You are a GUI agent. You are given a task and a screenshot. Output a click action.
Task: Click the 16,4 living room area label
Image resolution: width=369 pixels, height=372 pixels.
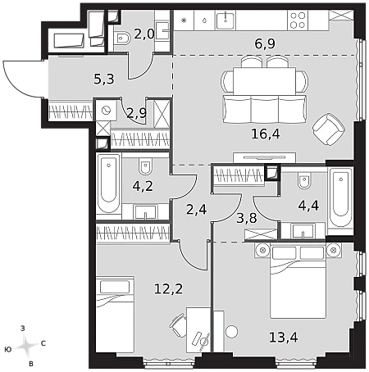click(x=266, y=134)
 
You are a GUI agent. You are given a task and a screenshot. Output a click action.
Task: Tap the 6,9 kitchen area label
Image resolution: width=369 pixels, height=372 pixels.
click(x=265, y=43)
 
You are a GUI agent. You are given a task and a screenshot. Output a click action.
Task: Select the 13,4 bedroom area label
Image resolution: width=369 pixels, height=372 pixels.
click(x=284, y=338)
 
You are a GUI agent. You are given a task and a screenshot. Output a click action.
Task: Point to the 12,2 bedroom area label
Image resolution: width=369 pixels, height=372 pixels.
click(x=168, y=288)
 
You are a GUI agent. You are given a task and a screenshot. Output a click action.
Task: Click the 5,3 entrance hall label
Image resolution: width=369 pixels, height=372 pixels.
click(x=104, y=79)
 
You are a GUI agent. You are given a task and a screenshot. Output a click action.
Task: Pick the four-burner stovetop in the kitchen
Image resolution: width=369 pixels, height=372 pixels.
click(x=298, y=20)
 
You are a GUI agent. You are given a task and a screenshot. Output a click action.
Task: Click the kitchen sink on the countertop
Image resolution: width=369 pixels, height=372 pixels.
click(x=225, y=20)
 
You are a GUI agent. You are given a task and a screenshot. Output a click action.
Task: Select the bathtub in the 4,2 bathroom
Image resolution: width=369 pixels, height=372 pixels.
click(x=108, y=184)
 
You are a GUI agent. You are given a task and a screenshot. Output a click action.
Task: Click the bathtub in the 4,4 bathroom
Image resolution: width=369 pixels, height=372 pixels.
click(x=340, y=201)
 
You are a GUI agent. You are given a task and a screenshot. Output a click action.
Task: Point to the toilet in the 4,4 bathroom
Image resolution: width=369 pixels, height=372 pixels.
click(x=304, y=180)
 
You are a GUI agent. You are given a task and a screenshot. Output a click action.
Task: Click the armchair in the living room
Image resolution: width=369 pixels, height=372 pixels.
click(x=329, y=129)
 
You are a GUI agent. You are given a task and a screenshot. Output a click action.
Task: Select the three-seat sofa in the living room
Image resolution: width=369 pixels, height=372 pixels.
click(x=265, y=109)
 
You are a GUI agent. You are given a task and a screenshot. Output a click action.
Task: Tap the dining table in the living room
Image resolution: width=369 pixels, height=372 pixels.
click(x=264, y=81)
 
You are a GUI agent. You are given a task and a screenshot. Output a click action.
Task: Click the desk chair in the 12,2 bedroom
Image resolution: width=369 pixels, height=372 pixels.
click(x=177, y=324)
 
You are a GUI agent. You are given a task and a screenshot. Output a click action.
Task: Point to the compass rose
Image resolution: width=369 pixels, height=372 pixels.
click(x=26, y=347)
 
